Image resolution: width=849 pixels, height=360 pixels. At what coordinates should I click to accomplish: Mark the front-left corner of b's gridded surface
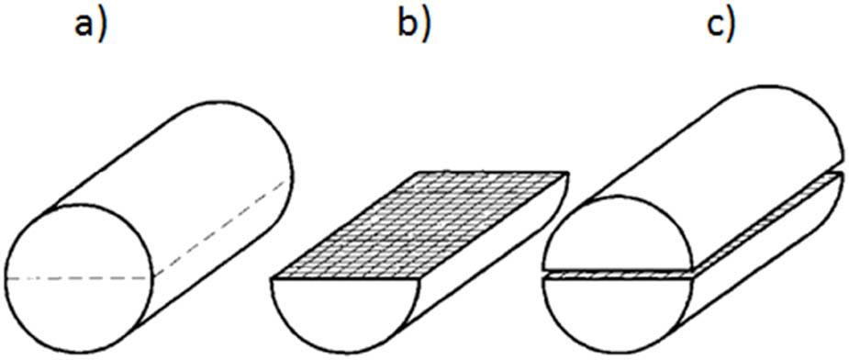[274, 276]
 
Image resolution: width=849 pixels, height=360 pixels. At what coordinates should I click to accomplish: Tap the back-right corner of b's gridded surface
[569, 174]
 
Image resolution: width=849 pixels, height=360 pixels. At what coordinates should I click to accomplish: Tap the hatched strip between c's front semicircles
[615, 274]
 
